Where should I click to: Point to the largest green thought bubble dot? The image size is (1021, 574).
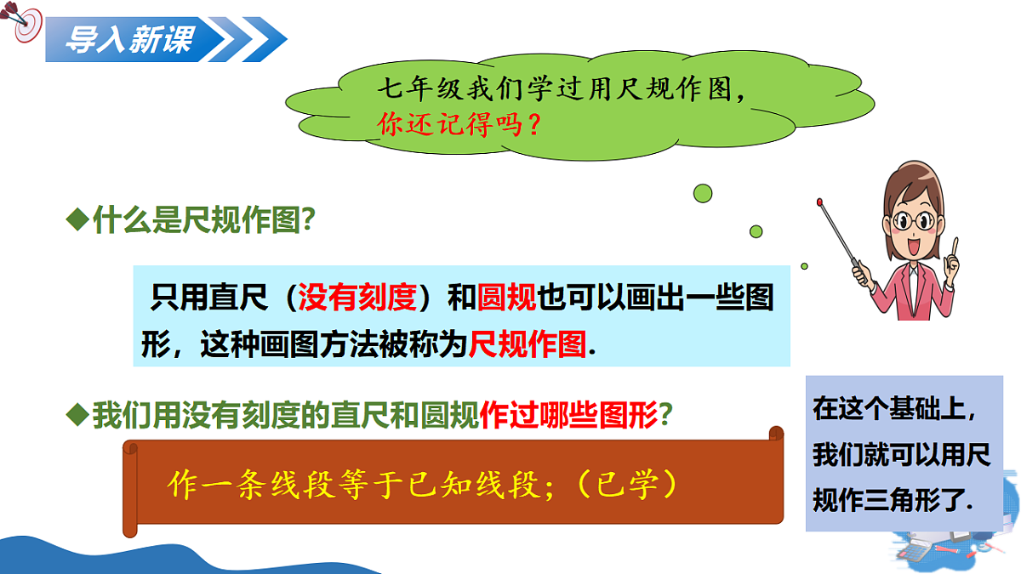[x=702, y=194]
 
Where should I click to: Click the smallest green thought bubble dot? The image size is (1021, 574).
[x=804, y=265]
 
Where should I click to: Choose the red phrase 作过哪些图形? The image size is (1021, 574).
[x=568, y=415]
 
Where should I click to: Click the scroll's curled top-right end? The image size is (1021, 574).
[x=775, y=435]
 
